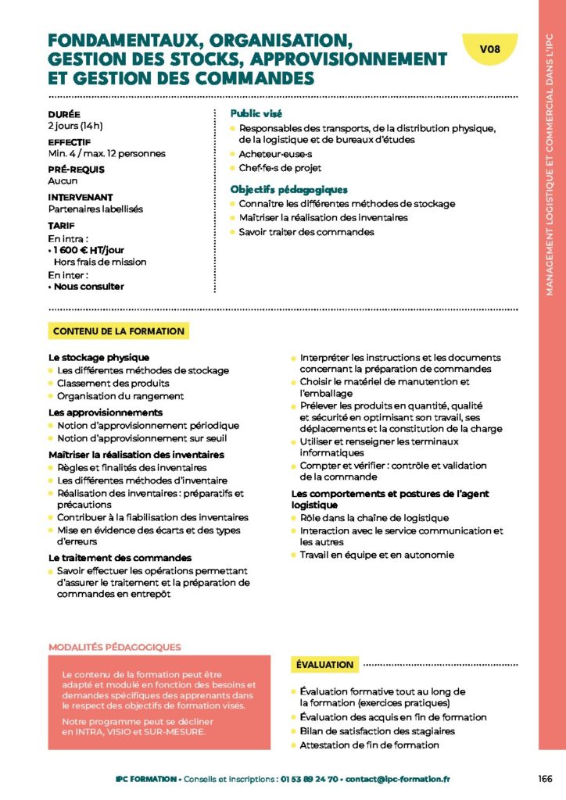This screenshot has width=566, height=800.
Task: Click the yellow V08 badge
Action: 490,49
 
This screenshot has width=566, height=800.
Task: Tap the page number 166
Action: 546,779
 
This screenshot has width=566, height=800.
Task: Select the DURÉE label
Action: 64,114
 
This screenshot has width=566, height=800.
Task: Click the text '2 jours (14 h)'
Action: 76,125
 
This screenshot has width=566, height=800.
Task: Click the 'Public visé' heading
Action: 256,113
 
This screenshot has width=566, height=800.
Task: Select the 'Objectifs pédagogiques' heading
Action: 288,189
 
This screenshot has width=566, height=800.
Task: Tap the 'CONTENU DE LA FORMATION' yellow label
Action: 119,331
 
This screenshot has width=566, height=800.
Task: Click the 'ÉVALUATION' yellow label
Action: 325,665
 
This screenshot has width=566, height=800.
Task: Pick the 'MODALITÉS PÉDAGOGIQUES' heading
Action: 114,647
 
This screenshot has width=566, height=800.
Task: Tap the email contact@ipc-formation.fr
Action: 398,779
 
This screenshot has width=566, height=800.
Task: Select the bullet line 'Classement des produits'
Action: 113,383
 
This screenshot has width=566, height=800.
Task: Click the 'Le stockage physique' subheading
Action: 99,357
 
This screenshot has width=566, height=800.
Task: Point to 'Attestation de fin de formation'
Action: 369,745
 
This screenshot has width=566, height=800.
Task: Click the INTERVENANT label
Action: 81,198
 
